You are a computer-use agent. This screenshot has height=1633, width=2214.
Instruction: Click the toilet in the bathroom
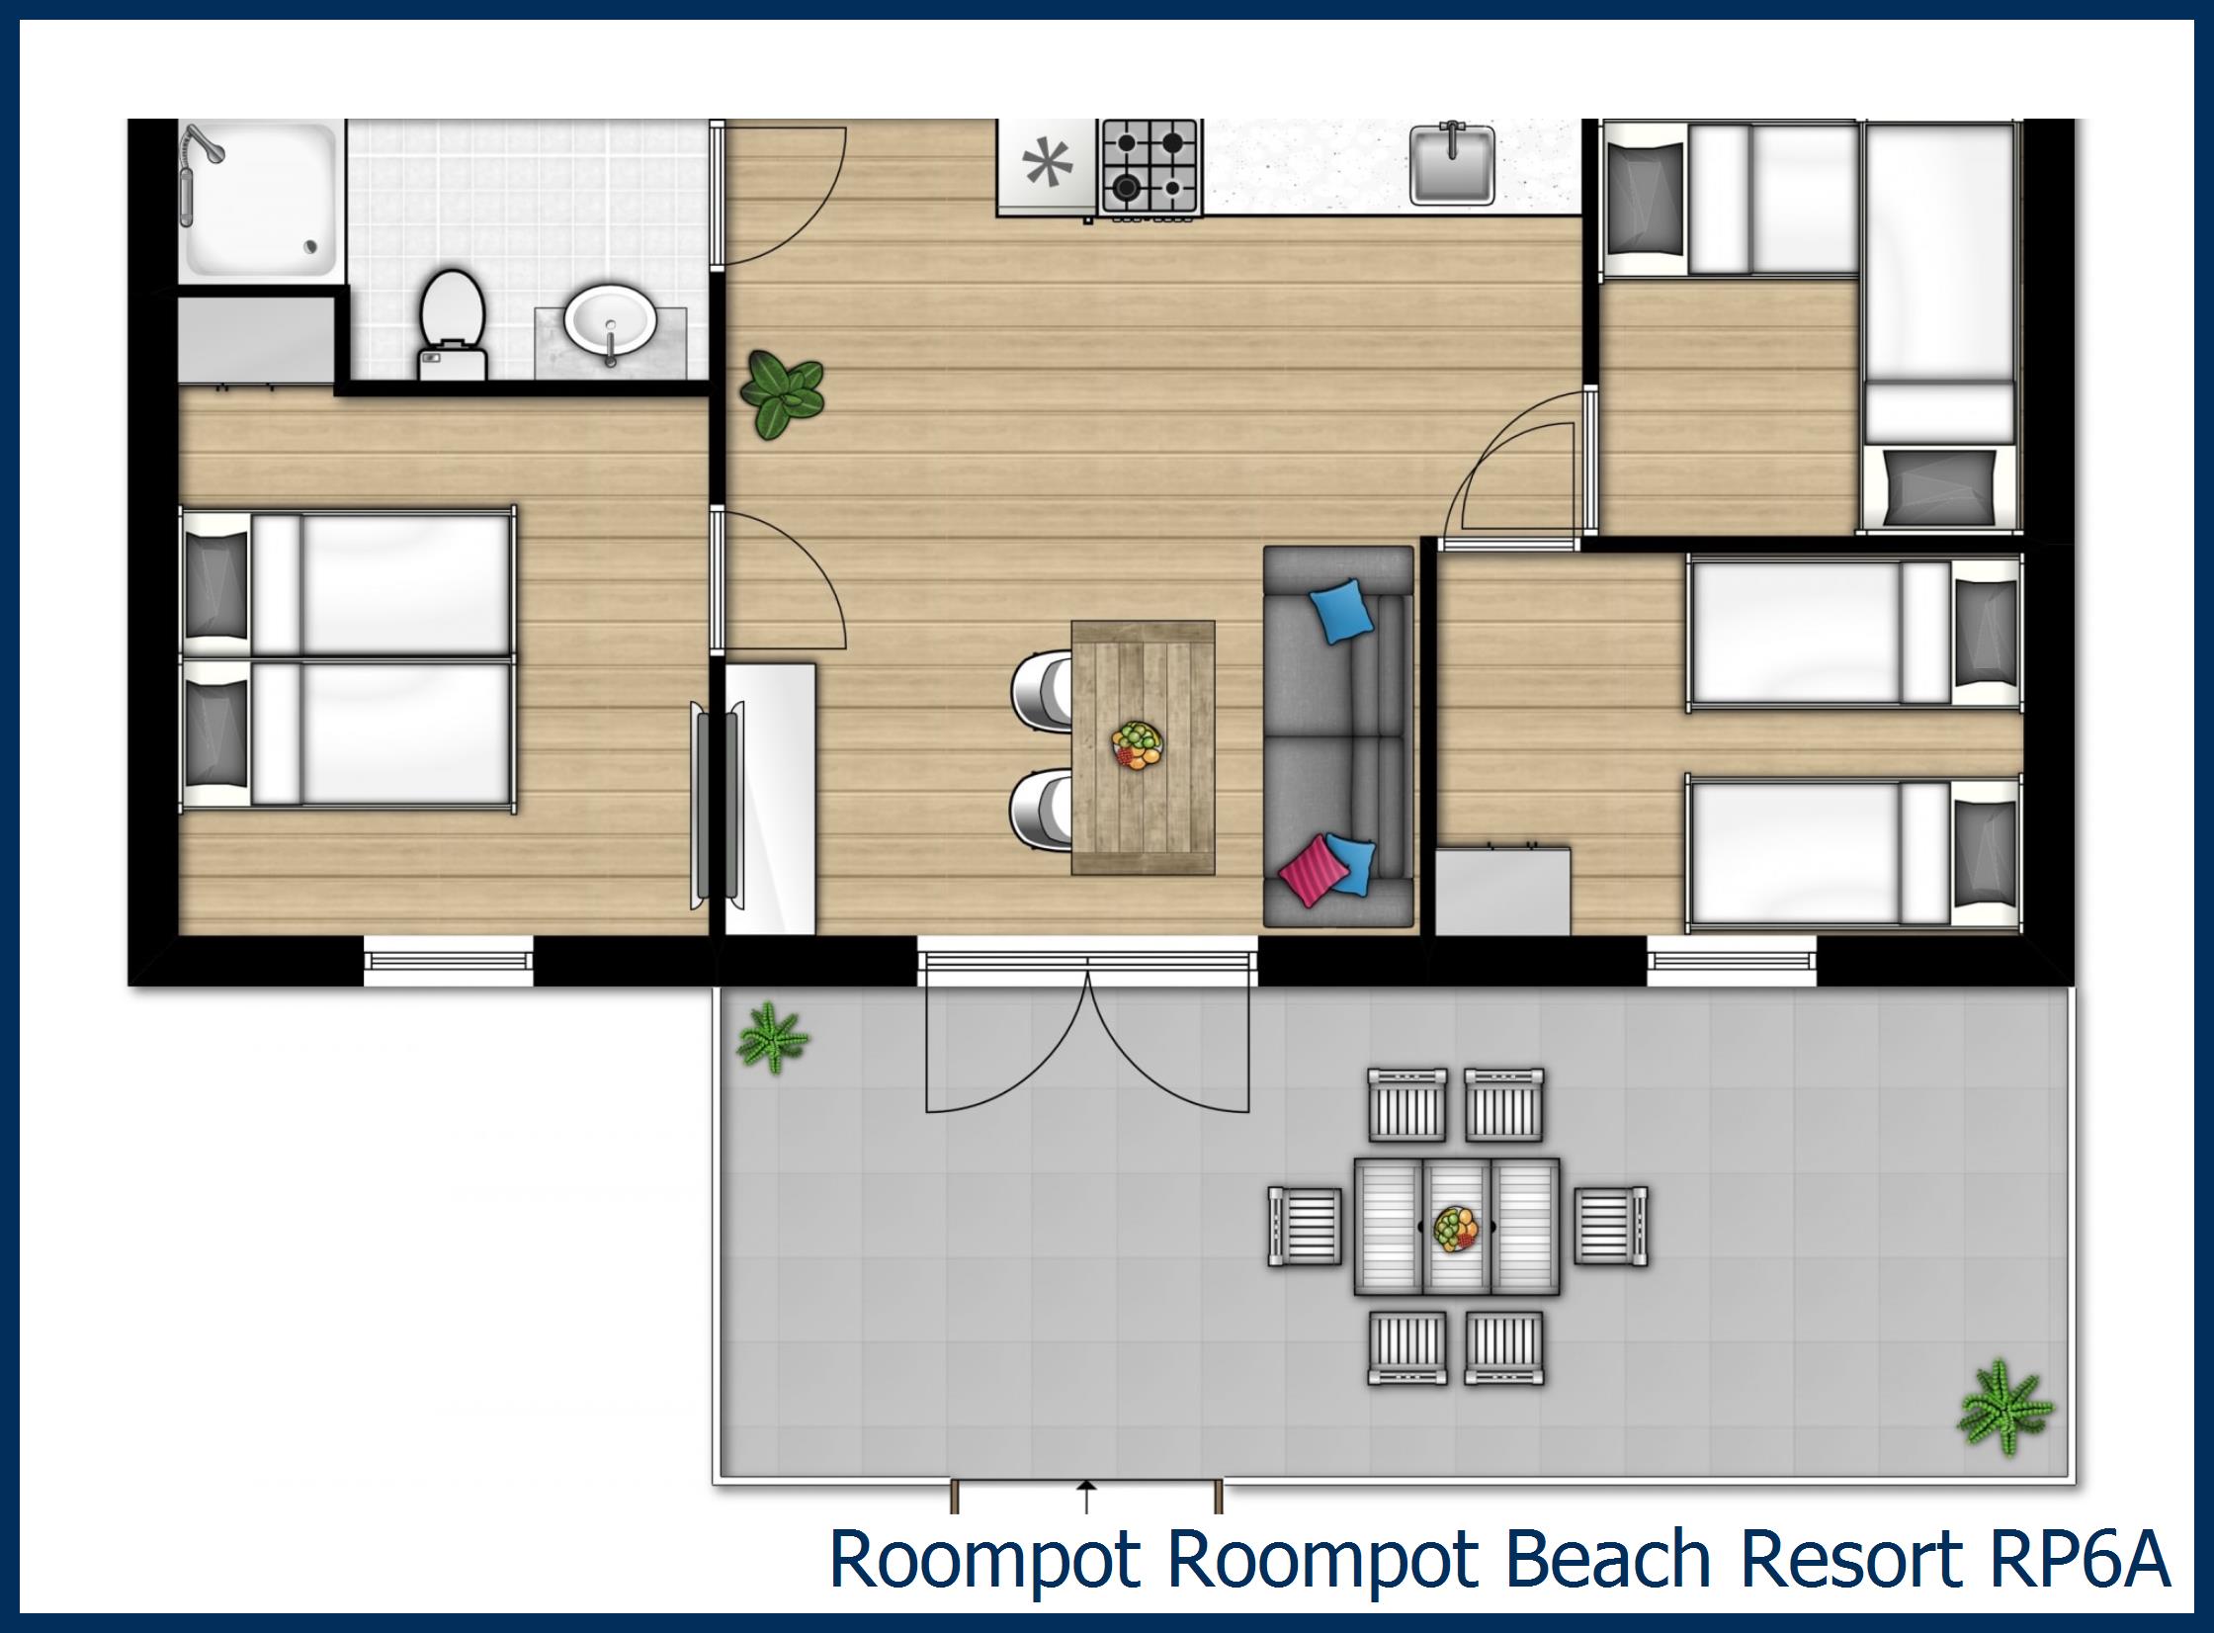pyautogui.click(x=452, y=321)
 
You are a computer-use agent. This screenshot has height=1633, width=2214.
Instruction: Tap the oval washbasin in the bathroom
pyautogui.click(x=609, y=319)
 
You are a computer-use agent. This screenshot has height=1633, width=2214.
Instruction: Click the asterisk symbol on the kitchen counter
pyautogui.click(x=1047, y=164)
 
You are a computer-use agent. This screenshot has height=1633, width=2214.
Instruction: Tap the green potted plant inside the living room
pyautogui.click(x=783, y=393)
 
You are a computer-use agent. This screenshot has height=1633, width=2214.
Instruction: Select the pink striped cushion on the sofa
pyautogui.click(x=1314, y=870)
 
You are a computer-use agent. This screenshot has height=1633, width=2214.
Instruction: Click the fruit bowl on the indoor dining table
pyautogui.click(x=1138, y=745)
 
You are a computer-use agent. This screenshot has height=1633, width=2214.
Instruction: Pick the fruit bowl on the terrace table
pyautogui.click(x=1456, y=1229)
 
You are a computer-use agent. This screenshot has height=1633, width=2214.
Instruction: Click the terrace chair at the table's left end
pyautogui.click(x=1306, y=1227)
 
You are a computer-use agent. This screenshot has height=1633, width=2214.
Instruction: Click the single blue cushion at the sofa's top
pyautogui.click(x=1340, y=611)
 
